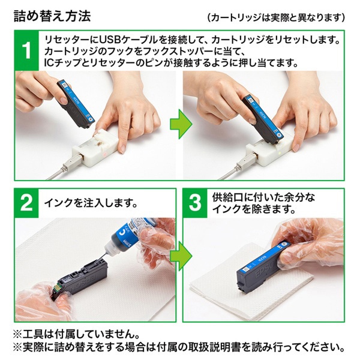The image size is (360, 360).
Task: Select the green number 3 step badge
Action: [x=195, y=203]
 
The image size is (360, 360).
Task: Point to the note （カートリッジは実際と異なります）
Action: [x=276, y=16]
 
